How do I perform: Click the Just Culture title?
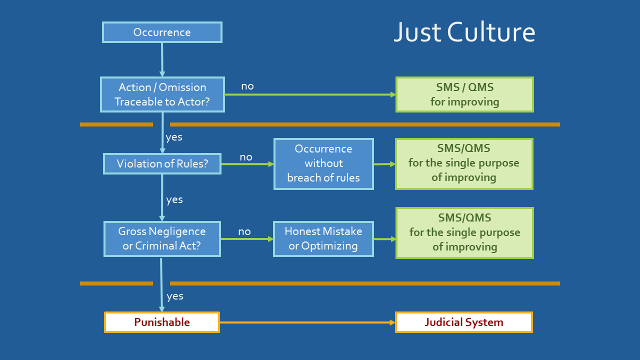(464, 32)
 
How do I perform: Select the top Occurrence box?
(162, 32)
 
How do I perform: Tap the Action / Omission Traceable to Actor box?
(162, 94)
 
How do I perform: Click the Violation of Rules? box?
(162, 163)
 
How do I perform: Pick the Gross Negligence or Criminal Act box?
(162, 239)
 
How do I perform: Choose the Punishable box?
(162, 322)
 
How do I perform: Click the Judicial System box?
(464, 322)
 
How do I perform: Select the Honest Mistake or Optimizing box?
(323, 239)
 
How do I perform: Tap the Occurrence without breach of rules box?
(323, 164)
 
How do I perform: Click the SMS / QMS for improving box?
(464, 94)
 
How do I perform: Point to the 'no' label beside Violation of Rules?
(246, 157)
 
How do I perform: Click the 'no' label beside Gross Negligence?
(244, 231)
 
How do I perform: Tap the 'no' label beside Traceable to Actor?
(247, 86)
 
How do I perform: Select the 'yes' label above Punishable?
(175, 296)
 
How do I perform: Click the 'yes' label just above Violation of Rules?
(174, 137)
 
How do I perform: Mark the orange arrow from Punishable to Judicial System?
(307, 322)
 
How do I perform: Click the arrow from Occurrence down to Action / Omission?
(162, 60)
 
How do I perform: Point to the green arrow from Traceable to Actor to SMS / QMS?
(310, 94)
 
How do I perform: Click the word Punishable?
(162, 322)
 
